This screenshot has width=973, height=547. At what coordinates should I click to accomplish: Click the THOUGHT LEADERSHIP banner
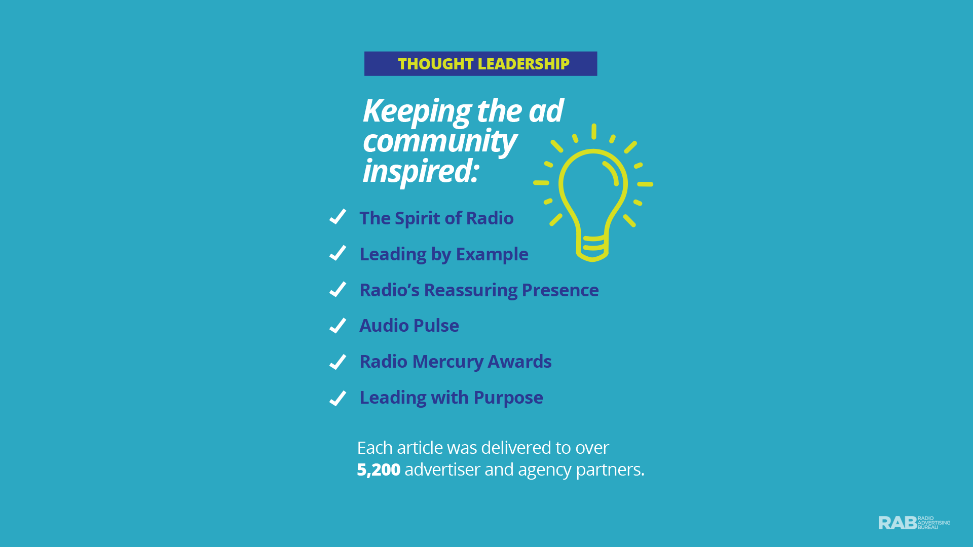[480, 64]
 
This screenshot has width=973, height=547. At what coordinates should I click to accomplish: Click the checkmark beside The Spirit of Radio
[338, 216]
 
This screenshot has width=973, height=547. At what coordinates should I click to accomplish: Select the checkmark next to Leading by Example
[338, 253]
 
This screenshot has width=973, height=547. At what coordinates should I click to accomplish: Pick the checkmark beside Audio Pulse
[338, 325]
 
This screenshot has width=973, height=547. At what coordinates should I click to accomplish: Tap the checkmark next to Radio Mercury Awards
[338, 362]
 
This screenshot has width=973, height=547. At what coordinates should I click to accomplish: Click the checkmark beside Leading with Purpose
[338, 398]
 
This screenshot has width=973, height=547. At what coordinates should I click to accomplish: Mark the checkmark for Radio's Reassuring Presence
[338, 289]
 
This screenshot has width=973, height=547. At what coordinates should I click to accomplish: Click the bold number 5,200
[379, 470]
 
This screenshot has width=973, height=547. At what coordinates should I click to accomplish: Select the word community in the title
[439, 141]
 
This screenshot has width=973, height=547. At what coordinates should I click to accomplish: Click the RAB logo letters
[897, 523]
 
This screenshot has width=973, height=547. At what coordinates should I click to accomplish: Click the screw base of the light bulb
[592, 248]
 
